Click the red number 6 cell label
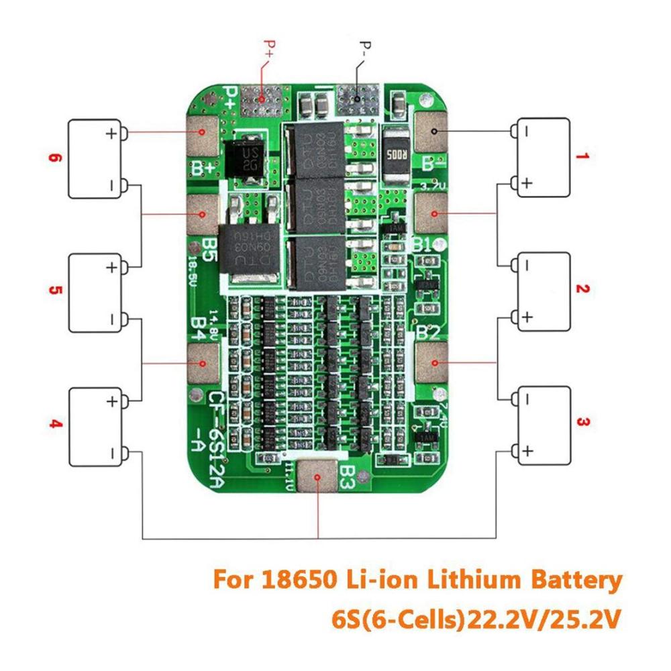click(56, 159)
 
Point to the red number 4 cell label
click(56, 424)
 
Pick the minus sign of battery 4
click(111, 453)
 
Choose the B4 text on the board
click(199, 325)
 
